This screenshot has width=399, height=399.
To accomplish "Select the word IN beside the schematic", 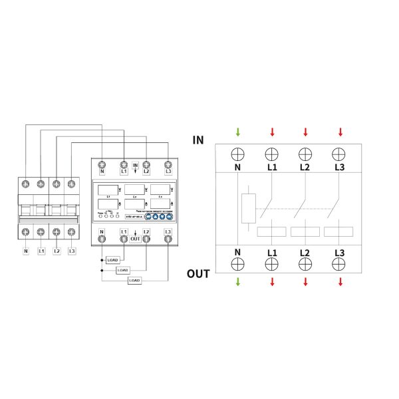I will coord(198,140).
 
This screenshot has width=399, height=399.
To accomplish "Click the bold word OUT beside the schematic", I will coord(198,273).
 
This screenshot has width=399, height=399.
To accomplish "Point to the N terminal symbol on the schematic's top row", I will coord(238,154).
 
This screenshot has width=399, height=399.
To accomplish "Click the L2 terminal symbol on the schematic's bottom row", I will coord(305,263).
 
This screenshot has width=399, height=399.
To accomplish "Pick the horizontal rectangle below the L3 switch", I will coord(339,231).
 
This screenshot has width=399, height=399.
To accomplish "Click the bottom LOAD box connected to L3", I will coord(135,281).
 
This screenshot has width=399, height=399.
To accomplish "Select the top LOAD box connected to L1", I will coord(112,260).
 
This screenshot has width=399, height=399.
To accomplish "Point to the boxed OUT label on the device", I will coord(135,238).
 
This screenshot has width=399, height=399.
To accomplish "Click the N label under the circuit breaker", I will coord(25,251).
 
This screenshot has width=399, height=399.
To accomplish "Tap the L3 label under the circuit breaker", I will coord(71,251).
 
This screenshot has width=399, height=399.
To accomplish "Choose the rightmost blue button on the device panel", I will coord(169,216).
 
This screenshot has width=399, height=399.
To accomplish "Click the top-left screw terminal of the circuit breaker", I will coord(25,182).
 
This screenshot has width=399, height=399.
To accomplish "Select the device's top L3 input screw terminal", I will coord(168,164).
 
